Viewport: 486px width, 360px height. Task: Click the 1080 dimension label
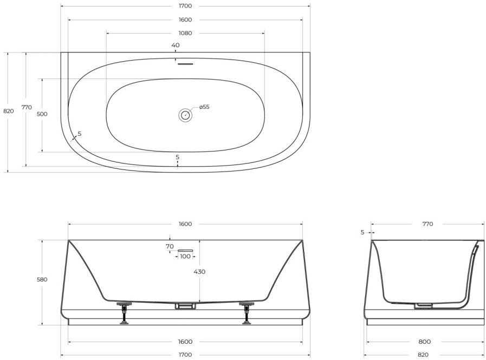(x=185, y=33)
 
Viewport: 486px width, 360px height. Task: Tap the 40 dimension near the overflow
(x=176, y=45)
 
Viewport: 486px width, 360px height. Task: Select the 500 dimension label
(x=42, y=114)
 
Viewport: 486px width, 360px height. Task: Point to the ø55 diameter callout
(x=204, y=107)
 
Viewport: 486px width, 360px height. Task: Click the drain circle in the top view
(x=185, y=115)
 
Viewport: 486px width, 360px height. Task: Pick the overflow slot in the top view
(x=185, y=64)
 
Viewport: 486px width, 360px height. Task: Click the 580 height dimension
(x=42, y=279)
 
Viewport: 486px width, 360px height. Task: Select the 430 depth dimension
(x=199, y=272)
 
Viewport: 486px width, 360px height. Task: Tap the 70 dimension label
(x=170, y=247)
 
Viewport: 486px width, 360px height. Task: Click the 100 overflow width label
(x=185, y=256)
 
